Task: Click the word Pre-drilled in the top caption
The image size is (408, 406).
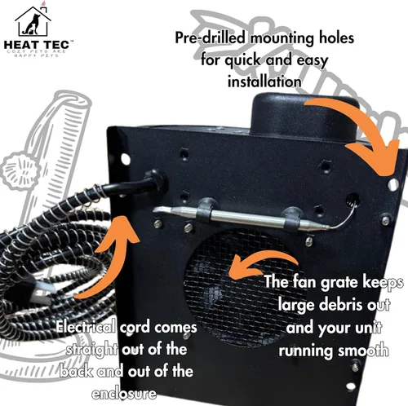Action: pyautogui.click(x=211, y=38)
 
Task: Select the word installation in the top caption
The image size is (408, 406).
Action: pyautogui.click(x=264, y=82)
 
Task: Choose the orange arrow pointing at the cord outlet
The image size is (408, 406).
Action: pyautogui.click(x=114, y=261)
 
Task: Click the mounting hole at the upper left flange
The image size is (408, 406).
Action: pyautogui.click(x=126, y=159)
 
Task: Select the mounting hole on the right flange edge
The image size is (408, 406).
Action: pyautogui.click(x=392, y=185)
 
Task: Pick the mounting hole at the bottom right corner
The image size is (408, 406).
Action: pyautogui.click(x=351, y=386)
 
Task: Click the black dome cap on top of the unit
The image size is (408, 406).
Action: pyautogui.click(x=304, y=117)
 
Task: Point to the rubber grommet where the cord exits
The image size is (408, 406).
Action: pyautogui.click(x=157, y=180)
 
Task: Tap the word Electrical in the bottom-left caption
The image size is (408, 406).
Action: pyautogui.click(x=86, y=327)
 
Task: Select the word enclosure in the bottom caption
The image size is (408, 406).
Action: pyautogui.click(x=124, y=394)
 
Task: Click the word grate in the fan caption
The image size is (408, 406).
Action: pyautogui.click(x=339, y=283)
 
